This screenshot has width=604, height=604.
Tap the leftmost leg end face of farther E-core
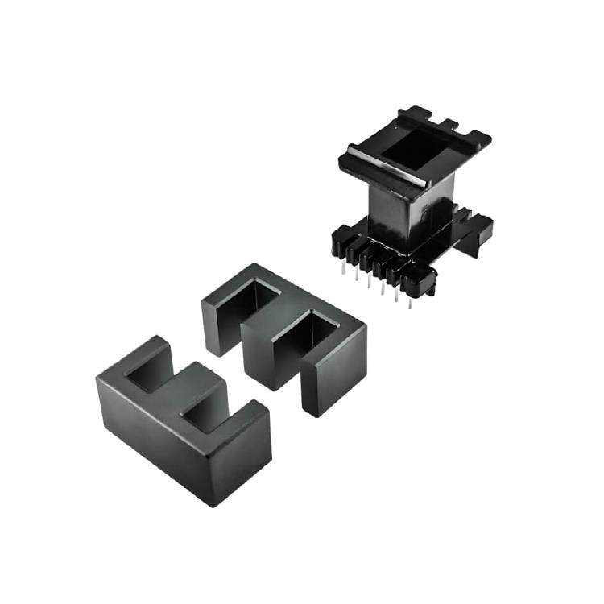tap(217, 326)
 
